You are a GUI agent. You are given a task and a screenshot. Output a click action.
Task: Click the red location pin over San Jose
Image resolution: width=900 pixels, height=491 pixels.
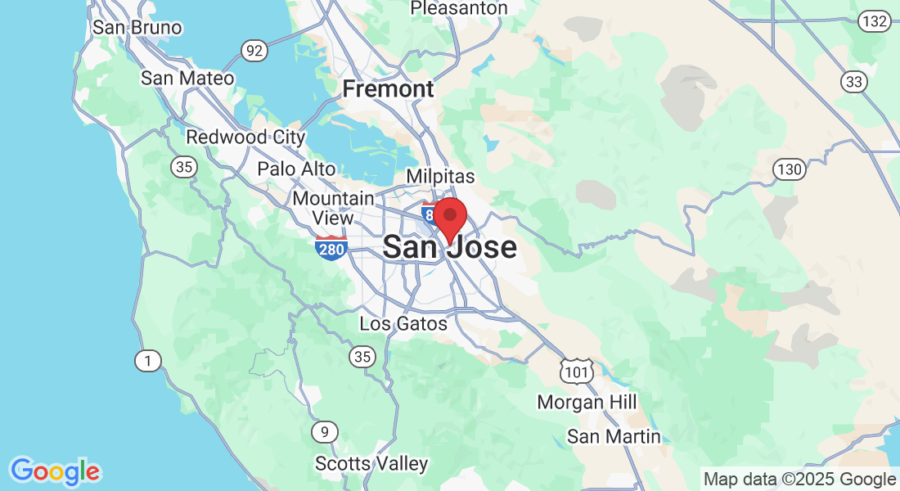(x=449, y=217)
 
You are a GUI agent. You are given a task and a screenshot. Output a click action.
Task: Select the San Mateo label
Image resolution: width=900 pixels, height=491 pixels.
(x=187, y=79)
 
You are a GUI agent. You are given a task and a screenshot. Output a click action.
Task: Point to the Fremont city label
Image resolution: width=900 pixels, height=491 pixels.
(x=388, y=88)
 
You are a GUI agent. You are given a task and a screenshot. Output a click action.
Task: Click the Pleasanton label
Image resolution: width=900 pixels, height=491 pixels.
(x=458, y=8)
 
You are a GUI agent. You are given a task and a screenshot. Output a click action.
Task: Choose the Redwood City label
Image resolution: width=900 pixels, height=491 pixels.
(x=245, y=137)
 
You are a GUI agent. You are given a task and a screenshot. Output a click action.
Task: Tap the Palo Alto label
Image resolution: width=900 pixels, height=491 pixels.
(x=296, y=169)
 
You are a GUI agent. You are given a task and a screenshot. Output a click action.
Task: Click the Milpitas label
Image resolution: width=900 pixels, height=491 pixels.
(x=440, y=176)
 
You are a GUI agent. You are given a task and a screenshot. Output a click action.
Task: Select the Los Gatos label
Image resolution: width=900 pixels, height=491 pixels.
(x=403, y=324)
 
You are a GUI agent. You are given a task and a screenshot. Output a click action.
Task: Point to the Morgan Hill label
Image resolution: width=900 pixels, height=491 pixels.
(x=587, y=402)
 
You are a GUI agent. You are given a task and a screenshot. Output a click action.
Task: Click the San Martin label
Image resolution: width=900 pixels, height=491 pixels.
(x=614, y=436)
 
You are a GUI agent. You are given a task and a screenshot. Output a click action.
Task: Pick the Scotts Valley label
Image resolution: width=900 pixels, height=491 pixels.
(x=371, y=464)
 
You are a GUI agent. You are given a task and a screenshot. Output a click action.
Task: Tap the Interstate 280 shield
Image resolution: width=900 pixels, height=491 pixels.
(x=331, y=247)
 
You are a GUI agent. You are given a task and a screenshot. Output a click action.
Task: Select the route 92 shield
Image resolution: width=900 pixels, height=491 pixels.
(x=255, y=52)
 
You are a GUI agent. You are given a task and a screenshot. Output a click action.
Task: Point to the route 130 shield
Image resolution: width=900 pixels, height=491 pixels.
(x=790, y=169)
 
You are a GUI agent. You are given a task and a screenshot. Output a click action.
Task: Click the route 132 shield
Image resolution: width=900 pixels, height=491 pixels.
(x=874, y=22)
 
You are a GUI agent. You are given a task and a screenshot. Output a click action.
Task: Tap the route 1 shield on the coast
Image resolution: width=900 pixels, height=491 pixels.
(x=147, y=359)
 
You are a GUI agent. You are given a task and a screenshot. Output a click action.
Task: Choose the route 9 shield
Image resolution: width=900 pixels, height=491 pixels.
(x=325, y=431)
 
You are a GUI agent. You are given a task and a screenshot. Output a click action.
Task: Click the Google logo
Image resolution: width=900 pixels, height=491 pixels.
(x=55, y=471)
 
